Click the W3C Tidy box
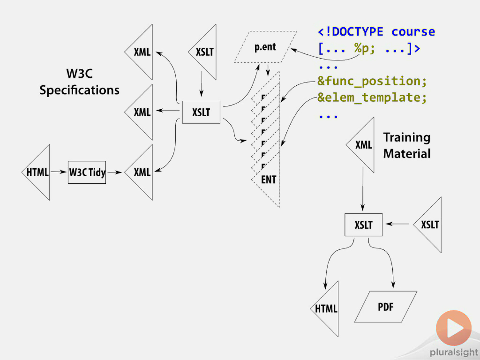[87, 172]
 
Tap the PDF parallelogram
[385, 307]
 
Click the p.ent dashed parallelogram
[265, 47]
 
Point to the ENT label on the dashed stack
[269, 179]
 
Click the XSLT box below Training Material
[363, 225]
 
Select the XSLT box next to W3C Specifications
[201, 112]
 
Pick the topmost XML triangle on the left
[142, 52]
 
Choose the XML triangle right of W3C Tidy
[142, 172]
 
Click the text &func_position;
[372, 81]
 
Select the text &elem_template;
[372, 98]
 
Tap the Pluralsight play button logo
[453, 328]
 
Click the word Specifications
[79, 90]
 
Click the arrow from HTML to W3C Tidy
[59, 172]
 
